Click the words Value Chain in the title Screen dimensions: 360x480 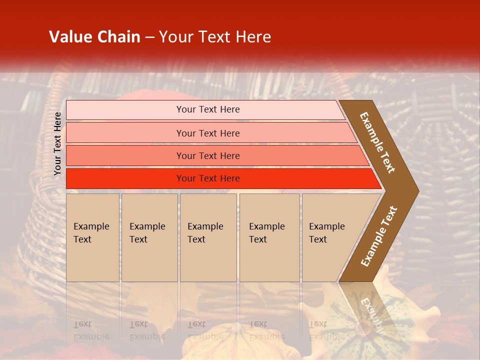tap(94, 37)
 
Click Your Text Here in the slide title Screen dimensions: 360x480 tap(215, 37)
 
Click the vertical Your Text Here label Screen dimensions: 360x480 tap(57, 144)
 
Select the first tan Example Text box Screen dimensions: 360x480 tap(92, 237)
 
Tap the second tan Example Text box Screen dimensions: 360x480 tap(149, 237)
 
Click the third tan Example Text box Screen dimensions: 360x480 tap(208, 237)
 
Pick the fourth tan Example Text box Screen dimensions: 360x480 tap(269, 237)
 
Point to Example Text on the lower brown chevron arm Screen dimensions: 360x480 tap(379, 236)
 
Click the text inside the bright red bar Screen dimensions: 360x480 tap(208, 178)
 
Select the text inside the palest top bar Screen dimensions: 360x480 tap(208, 109)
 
